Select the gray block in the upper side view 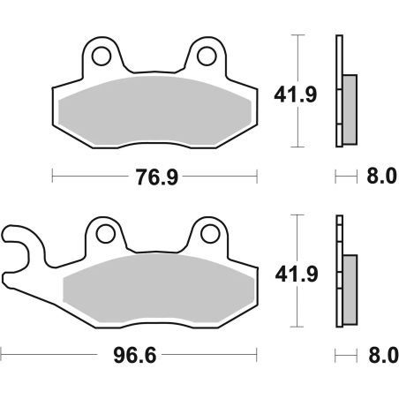click(x=349, y=109)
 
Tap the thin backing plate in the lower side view click(x=338, y=269)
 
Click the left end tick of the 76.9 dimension click(x=53, y=177)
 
